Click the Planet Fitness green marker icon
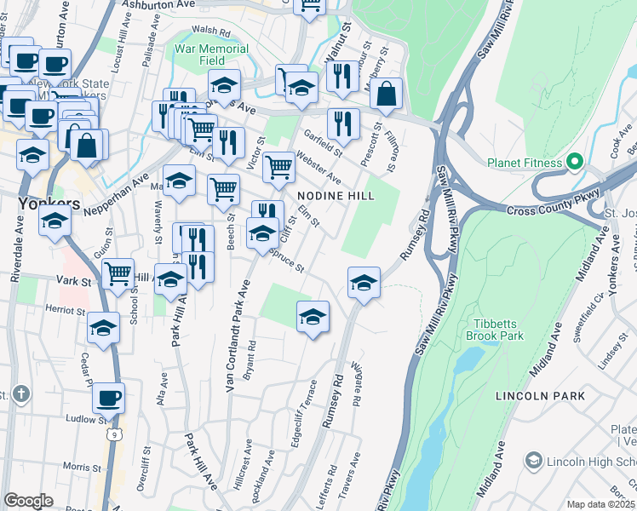point(575,162)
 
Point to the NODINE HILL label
point(336,195)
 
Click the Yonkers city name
point(49,204)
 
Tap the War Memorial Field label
point(211,55)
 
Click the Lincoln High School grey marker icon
point(534,460)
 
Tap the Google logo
point(28,500)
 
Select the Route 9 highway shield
point(113,434)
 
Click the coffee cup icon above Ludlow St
point(108,397)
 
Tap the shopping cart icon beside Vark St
point(118,273)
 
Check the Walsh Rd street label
point(212,32)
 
